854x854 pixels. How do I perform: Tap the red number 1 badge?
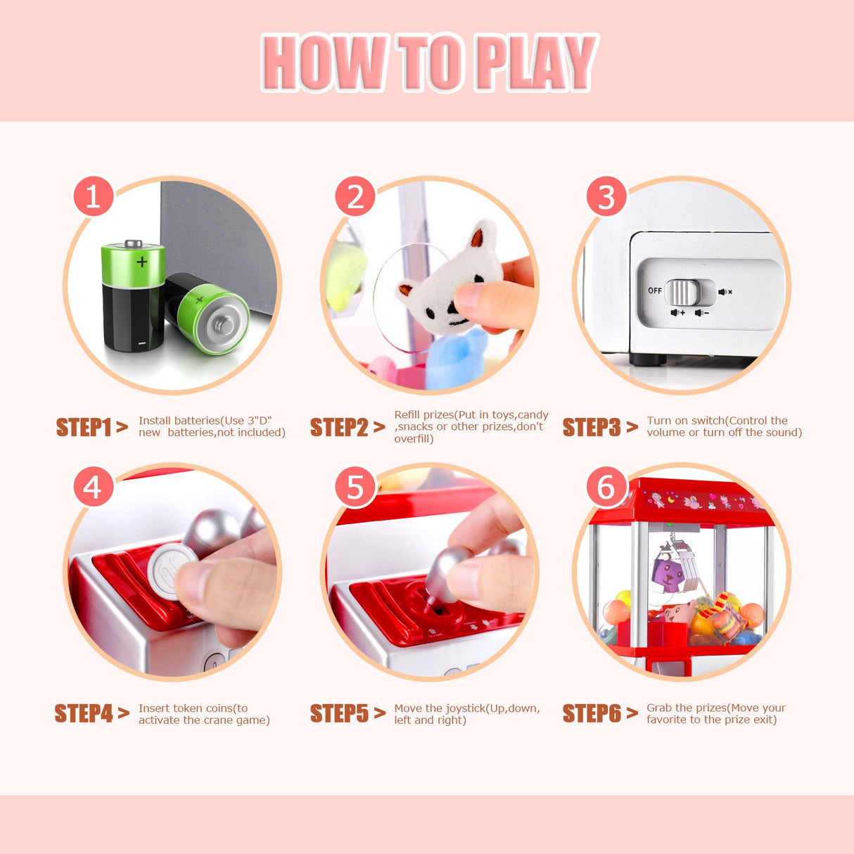pos(94,196)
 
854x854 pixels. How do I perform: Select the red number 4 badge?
pos(94,487)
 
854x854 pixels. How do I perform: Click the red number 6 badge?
pos(606,487)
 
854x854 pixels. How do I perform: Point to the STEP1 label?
pos(83,427)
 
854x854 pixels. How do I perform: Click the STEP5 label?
pos(339,713)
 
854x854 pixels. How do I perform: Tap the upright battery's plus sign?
pos(142,262)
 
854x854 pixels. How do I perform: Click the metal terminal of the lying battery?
pos(224,325)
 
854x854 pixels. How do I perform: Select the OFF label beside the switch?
pos(654,291)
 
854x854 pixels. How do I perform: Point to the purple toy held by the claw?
pos(668,573)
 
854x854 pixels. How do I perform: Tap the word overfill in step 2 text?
pos(412,439)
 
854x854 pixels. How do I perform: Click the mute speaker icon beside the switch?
pos(725,291)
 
